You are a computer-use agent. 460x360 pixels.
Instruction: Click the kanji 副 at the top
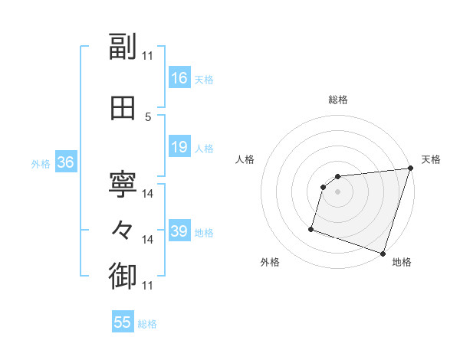coord(123,48)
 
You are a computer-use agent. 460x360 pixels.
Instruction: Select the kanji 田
coord(123,108)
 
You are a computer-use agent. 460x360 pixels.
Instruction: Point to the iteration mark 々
coord(123,230)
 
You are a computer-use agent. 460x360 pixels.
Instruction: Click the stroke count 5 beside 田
coord(149,117)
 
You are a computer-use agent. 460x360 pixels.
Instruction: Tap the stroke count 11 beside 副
coord(148,56)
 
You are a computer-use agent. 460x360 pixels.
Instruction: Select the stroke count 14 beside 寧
coord(148,194)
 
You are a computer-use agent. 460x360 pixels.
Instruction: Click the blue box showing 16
coord(179,78)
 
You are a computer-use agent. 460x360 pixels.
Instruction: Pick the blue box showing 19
coord(179,147)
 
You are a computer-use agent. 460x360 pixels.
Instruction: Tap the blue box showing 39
coord(179,231)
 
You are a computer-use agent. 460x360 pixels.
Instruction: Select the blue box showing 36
coord(65,162)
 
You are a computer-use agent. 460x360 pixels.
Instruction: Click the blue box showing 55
coord(123,322)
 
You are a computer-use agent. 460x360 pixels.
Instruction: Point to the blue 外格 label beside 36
coord(41,163)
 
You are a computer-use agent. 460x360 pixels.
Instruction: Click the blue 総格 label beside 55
coord(147,324)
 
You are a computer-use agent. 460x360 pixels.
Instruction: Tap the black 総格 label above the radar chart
coord(337,100)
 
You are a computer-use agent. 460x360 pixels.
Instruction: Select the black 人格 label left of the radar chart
coord(245,159)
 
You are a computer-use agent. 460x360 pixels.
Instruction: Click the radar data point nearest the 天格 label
coord(410,169)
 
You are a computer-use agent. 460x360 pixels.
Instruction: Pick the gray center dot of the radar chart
coord(337,192)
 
